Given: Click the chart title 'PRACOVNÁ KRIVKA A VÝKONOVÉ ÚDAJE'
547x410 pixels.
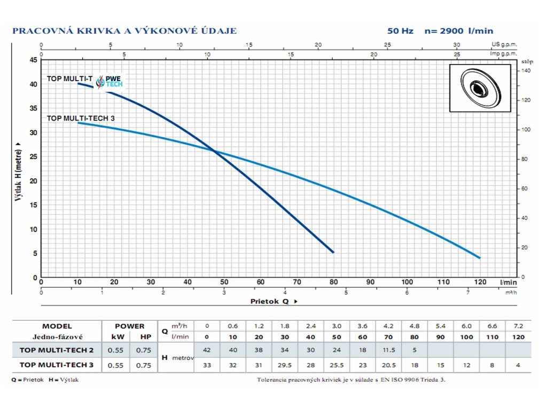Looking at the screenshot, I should click(x=124, y=31).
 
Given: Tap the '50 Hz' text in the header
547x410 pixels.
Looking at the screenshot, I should click(x=400, y=31).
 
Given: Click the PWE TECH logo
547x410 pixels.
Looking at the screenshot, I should click(x=110, y=81).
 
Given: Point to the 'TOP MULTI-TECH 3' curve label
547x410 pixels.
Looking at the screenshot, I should click(x=81, y=118).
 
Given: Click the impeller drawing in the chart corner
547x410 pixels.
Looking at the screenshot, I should click(x=480, y=88).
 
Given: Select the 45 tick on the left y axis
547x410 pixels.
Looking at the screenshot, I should click(x=34, y=60).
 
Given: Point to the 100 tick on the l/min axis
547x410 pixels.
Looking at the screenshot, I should click(x=407, y=282).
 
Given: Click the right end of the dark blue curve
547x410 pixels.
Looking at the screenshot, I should click(x=333, y=252).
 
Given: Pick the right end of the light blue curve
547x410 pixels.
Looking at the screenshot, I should click(x=480, y=258).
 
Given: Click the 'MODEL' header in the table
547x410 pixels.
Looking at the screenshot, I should click(x=57, y=326).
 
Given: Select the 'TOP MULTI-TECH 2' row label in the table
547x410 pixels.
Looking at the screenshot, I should click(x=57, y=350).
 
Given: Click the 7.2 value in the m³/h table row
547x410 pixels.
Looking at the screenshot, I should click(x=518, y=326).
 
